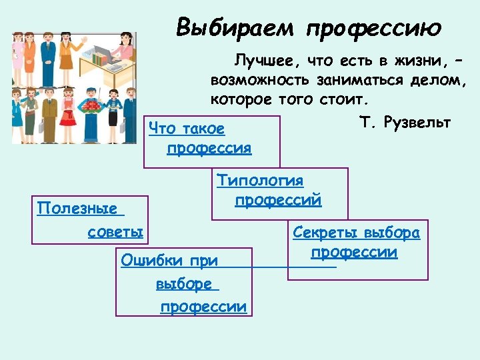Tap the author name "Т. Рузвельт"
tap(405, 123)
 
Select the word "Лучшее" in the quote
tap(265, 61)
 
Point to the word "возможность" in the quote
tap(259, 81)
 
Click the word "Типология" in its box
tap(260, 181)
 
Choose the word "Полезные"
tap(80, 209)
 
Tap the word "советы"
tap(115, 232)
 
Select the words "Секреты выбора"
tap(356, 233)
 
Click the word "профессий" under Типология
tap(278, 200)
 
